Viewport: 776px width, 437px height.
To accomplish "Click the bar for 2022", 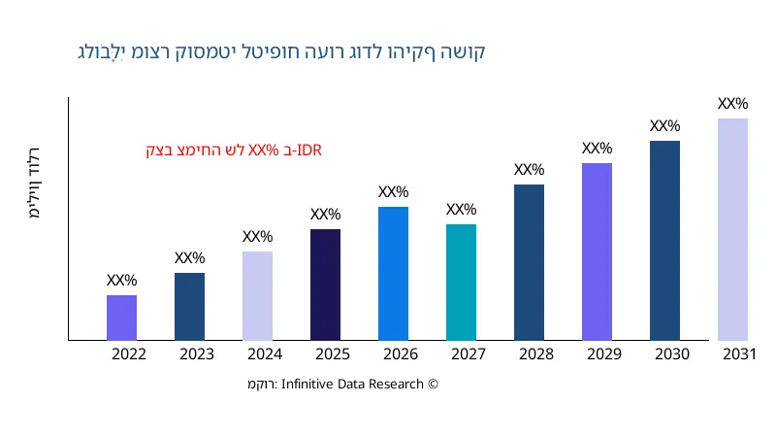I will (x=121, y=318).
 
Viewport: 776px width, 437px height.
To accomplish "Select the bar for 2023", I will (x=189, y=306).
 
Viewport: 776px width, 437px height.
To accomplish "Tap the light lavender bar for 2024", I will (x=257, y=295).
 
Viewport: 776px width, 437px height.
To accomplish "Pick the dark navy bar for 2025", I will (x=325, y=285).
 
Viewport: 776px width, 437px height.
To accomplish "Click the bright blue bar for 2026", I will (x=393, y=273).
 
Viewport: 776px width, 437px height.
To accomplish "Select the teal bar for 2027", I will (x=461, y=282).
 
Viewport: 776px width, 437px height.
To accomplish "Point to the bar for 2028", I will (x=529, y=262).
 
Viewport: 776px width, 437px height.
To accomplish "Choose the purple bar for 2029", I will (x=597, y=252).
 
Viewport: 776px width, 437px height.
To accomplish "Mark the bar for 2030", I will (x=664, y=240).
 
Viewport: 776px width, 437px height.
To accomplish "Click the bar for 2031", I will (x=732, y=229).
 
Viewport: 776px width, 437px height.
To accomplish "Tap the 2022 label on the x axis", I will (x=129, y=354).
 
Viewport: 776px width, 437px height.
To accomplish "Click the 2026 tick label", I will (x=401, y=354).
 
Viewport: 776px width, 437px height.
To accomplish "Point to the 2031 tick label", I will (x=739, y=354).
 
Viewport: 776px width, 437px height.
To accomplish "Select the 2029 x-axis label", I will (x=604, y=354).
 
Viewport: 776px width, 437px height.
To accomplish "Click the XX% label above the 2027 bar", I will (x=461, y=210).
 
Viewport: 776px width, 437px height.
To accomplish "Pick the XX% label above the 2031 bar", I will (x=732, y=104).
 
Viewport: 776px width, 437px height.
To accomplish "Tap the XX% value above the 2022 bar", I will (x=121, y=281).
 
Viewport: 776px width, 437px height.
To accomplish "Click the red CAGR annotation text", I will (x=234, y=151).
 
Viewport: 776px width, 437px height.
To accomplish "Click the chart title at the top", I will (x=281, y=51).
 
